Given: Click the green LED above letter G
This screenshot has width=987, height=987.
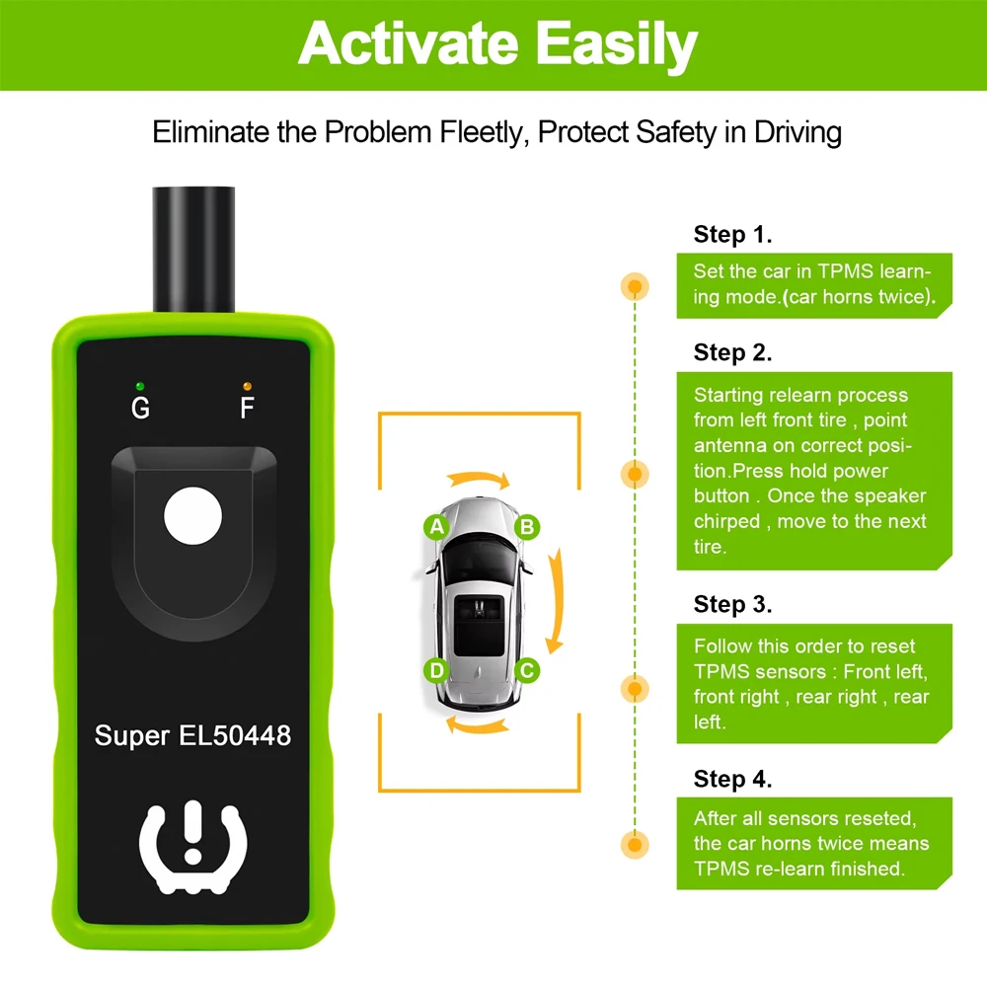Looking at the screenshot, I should point(141,385).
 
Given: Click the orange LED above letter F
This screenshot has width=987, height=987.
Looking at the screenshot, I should point(247,385).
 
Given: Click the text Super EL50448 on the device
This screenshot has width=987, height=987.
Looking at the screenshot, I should point(192,735).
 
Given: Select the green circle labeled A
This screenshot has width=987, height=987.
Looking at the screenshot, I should point(436,526).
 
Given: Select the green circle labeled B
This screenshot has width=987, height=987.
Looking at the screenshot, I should point(527,526).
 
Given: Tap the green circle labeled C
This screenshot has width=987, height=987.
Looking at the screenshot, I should point(527,671).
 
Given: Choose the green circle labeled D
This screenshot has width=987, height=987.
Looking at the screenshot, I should point(436,671).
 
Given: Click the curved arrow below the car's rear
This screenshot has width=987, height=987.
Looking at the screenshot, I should point(480,725).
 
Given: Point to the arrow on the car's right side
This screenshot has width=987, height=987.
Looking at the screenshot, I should point(556,599).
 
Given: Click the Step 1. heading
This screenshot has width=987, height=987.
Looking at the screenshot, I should point(732,234).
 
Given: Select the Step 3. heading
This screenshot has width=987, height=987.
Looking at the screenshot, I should point(732,603).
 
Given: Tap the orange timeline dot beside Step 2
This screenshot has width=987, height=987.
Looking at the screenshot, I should point(634,474).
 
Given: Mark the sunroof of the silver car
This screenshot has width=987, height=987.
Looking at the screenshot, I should point(481,624).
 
